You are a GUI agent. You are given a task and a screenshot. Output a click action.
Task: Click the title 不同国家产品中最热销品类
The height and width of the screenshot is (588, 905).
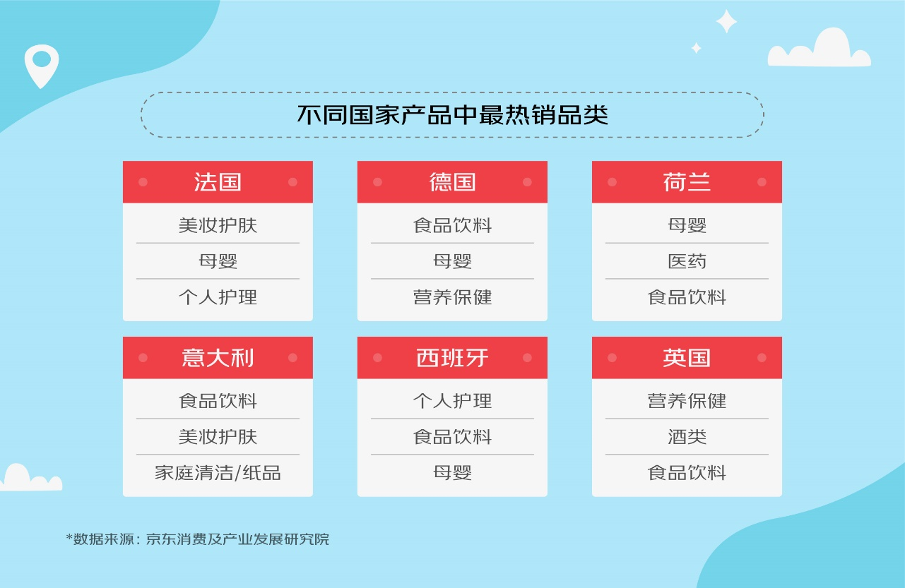[452, 115]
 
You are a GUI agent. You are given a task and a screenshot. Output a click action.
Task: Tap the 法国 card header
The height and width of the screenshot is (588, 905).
[218, 182]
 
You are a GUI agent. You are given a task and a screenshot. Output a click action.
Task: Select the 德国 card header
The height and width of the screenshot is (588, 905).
[452, 182]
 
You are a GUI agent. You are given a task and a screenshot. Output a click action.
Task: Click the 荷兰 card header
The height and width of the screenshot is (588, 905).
[687, 182]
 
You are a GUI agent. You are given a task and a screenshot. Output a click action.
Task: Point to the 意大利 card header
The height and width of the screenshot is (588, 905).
[218, 358]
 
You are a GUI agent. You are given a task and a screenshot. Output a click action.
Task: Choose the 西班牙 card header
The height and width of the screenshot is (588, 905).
[452, 358]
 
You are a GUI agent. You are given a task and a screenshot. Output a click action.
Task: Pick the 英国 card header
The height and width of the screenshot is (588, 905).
[687, 358]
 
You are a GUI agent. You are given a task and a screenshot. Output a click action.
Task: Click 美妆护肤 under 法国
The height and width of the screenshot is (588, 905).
[218, 225]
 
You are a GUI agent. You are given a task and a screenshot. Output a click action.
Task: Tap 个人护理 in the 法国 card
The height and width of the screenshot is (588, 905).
[218, 297]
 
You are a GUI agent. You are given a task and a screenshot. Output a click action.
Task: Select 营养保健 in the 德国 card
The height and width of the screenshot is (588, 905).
[452, 297]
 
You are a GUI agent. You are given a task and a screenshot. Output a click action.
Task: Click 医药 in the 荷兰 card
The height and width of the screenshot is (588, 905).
[687, 261]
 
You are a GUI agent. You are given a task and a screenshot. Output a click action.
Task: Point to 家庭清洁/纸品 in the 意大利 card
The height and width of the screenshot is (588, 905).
[218, 472]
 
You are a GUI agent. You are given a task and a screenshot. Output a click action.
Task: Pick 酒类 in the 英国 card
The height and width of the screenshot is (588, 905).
[687, 437]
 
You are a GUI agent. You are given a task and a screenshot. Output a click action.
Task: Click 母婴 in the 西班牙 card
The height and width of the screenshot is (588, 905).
[452, 472]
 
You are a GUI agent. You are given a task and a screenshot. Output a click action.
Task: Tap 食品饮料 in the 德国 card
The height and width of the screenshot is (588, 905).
[452, 225]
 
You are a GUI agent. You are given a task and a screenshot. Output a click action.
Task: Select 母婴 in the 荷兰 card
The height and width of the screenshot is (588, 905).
[687, 225]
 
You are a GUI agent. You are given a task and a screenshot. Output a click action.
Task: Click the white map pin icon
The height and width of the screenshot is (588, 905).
[41, 64]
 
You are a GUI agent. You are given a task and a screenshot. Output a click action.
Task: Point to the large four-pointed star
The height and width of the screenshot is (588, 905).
[726, 21]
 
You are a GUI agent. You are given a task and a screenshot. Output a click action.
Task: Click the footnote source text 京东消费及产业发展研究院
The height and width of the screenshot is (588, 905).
[237, 539]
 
